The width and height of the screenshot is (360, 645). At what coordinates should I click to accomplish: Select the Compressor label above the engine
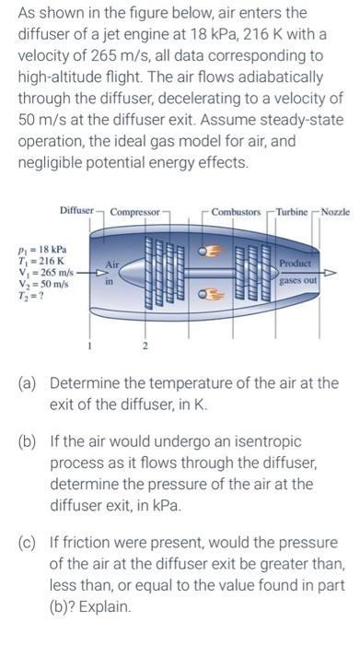[x=134, y=213]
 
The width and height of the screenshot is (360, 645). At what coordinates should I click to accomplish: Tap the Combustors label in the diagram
[x=236, y=213]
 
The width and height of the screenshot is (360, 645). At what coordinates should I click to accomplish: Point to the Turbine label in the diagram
[x=295, y=213]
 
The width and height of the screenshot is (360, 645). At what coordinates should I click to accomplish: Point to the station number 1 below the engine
[x=88, y=347]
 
